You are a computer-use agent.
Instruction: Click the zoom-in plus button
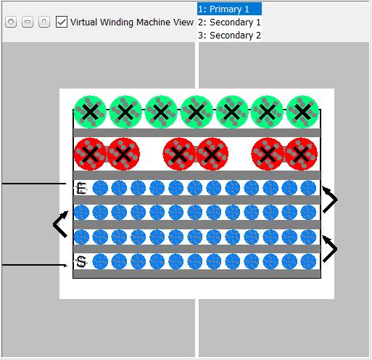[11, 22]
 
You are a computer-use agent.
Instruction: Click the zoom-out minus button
[28, 22]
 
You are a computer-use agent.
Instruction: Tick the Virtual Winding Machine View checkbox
[62, 22]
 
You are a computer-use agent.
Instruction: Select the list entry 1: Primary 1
[229, 9]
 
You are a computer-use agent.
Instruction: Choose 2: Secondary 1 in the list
[229, 22]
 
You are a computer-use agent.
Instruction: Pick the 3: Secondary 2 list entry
[229, 35]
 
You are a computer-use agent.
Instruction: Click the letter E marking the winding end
[81, 188]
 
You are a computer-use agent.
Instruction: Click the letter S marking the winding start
[81, 261]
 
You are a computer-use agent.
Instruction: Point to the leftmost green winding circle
[90, 112]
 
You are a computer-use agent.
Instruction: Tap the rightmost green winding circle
[302, 112]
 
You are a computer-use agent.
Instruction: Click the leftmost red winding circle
[90, 154]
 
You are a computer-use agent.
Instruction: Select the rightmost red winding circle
[301, 154]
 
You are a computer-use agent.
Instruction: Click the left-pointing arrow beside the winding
[60, 224]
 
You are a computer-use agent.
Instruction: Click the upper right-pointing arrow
[330, 200]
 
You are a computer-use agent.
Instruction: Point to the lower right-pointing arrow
[330, 249]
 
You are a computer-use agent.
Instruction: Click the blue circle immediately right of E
[100, 188]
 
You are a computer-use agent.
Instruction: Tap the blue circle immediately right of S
[100, 261]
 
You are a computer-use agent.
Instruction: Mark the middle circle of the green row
[197, 112]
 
